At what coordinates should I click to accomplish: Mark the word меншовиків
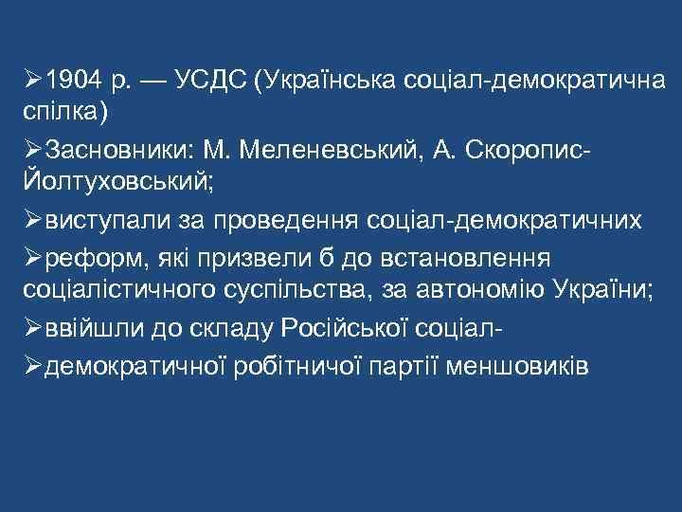[x=515, y=363]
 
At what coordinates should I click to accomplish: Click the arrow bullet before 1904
[x=30, y=79]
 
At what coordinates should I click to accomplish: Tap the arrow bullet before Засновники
[x=30, y=149]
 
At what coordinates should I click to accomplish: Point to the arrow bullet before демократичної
[x=30, y=363]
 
